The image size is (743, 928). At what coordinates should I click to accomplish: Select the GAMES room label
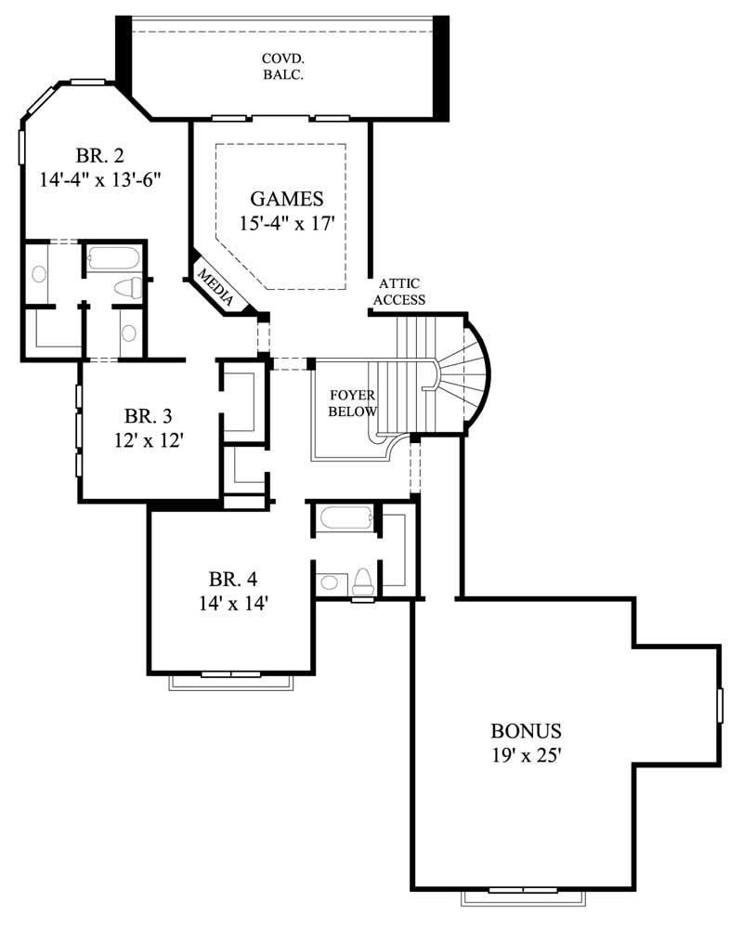coord(286,198)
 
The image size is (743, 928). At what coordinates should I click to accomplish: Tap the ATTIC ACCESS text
coord(401,292)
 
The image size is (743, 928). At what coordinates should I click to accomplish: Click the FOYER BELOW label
coord(353,403)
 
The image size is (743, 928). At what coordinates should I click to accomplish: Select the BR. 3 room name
coord(148,416)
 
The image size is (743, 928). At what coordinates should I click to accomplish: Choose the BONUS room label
coord(527,730)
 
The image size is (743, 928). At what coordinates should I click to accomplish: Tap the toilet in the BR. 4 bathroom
coord(363,582)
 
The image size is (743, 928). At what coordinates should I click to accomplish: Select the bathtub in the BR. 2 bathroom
coord(112,257)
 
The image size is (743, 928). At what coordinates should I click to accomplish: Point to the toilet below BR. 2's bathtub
coord(128,289)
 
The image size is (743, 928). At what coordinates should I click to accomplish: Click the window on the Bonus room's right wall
coord(720,705)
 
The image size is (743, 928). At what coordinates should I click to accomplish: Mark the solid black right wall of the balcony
coord(441,67)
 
